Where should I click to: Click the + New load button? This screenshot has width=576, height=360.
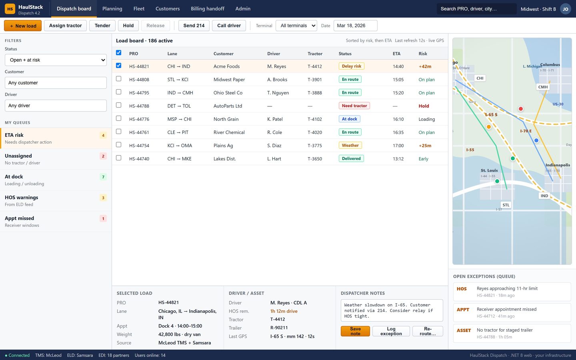23,26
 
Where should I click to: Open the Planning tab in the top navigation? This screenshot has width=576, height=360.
112,9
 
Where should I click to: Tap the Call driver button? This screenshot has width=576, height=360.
229,26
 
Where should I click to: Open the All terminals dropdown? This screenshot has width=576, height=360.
296,26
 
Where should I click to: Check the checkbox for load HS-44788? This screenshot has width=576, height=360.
118,105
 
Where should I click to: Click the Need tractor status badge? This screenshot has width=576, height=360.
354,106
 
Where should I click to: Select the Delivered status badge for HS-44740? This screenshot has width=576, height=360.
351,159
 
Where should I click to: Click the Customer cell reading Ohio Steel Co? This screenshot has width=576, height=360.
228,92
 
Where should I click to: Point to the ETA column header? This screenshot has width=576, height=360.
396,54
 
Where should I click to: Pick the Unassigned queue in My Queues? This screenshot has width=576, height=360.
56,159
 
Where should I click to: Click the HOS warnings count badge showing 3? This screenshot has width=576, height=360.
103,198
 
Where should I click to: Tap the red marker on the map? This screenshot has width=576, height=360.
521,109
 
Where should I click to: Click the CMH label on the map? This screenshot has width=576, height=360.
543,87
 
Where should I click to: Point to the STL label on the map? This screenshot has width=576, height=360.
506,205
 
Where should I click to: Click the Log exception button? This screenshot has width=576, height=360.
391,331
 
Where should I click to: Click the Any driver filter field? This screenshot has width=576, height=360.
56,106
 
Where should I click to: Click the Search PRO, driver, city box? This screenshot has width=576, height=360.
477,9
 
